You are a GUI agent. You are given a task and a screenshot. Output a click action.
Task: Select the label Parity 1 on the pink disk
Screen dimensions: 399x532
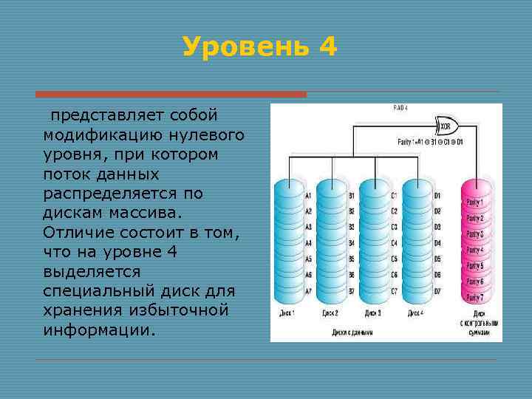(473, 202)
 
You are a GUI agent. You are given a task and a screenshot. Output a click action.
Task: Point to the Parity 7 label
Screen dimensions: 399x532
(473, 297)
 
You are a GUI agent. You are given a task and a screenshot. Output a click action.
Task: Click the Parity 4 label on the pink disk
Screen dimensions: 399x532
(473, 250)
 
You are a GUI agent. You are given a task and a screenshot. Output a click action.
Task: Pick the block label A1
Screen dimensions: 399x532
(308, 196)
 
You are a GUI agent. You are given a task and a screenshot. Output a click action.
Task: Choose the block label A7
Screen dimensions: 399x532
(308, 290)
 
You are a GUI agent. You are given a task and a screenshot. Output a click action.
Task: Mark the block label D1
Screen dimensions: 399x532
(437, 196)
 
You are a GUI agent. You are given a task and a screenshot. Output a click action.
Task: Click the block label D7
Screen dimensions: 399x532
(437, 290)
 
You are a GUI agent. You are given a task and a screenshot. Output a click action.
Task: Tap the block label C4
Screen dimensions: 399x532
(395, 243)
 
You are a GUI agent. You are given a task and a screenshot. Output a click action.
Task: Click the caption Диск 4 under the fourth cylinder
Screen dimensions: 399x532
(415, 313)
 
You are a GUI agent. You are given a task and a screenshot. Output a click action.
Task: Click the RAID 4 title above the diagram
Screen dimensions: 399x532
(400, 109)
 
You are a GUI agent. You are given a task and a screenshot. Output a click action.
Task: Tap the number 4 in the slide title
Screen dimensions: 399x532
(328, 47)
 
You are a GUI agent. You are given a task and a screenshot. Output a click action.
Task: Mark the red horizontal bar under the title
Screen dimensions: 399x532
(171, 95)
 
